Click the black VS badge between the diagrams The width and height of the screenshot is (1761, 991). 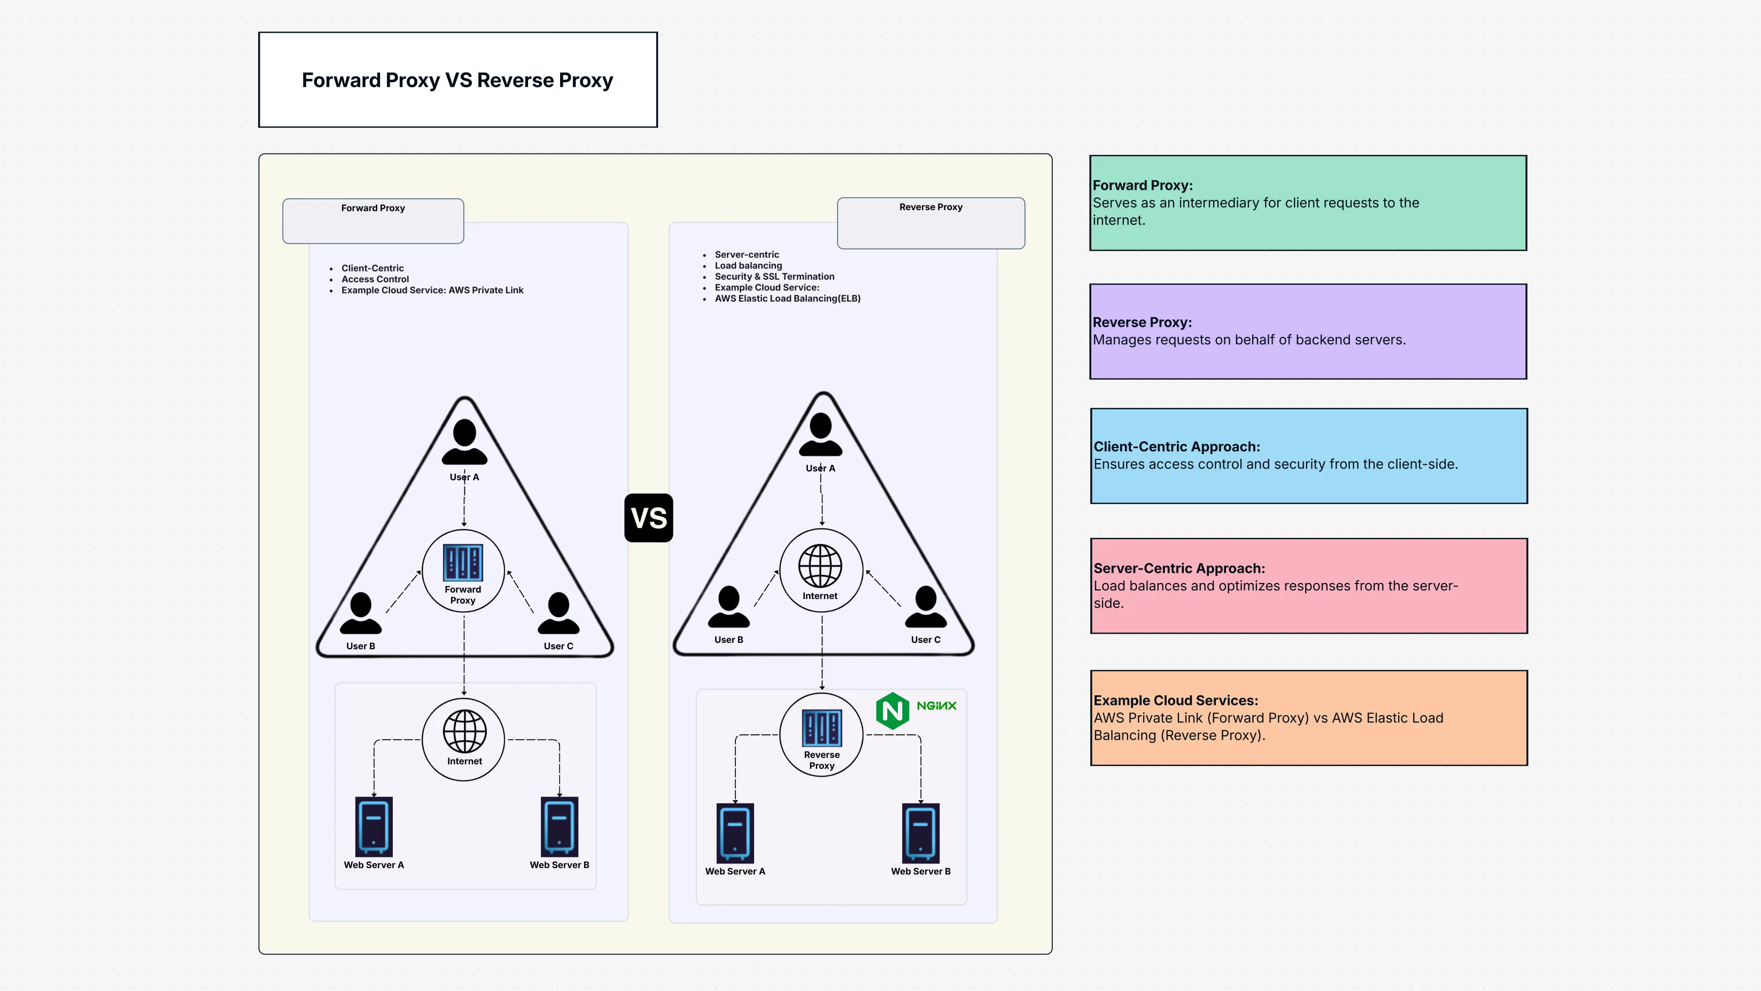tap(648, 518)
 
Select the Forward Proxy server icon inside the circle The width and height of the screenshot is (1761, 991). tap(463, 562)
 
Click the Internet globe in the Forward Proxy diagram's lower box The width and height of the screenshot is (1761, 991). tap(464, 731)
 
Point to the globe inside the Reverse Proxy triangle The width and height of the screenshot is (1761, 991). tap(820, 566)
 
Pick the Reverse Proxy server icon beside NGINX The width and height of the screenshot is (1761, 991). tap(821, 728)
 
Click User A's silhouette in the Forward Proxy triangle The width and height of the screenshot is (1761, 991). tap(464, 442)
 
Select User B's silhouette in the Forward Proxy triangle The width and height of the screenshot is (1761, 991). tap(360, 613)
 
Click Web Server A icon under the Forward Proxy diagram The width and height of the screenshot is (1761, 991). tap(374, 826)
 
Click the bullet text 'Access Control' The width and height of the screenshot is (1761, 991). tap(375, 279)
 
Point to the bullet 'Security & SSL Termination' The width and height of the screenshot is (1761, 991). tap(774, 276)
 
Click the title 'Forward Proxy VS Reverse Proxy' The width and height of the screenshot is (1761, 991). tap(457, 80)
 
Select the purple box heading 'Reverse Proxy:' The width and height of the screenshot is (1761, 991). tap(1142, 322)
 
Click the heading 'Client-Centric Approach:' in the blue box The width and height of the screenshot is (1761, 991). tap(1176, 447)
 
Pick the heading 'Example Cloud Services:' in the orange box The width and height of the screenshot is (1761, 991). tap(1175, 701)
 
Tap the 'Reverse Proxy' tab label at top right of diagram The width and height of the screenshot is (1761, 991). tap(930, 207)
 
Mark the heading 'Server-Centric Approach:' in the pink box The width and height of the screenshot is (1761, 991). tap(1178, 569)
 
